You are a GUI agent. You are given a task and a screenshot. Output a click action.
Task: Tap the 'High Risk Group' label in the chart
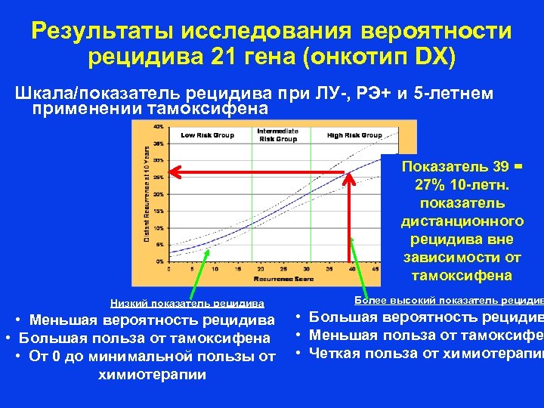354,135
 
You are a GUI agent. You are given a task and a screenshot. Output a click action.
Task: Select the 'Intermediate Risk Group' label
277,135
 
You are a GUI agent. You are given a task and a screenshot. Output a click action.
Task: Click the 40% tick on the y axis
159,126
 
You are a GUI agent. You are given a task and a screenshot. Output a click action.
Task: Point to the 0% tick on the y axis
160,261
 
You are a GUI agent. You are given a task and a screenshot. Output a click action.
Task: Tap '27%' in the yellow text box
429,185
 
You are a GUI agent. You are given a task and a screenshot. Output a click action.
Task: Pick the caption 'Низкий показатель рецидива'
187,303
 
